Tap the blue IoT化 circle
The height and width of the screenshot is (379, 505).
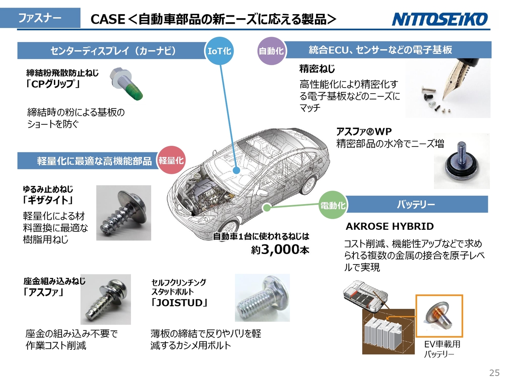tap(219, 51)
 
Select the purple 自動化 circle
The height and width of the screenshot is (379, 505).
tap(271, 51)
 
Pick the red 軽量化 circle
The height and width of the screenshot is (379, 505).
tap(171, 160)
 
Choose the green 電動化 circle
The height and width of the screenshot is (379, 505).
tap(333, 205)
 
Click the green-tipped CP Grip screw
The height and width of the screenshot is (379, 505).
tap(126, 84)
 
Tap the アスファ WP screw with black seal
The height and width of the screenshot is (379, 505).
tap(461, 163)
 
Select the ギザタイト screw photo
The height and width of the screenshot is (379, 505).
tap(123, 213)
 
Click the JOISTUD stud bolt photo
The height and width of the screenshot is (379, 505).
tap(262, 298)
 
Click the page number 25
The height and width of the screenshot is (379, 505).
tap(494, 373)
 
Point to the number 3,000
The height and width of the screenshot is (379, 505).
tap(280, 249)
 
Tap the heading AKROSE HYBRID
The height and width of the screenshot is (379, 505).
tap(389, 227)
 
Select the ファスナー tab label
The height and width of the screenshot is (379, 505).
tap(40, 18)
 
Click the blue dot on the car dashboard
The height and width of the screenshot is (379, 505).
tap(236, 171)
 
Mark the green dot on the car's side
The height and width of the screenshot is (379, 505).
tap(267, 208)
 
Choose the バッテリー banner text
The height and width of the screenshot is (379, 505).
tap(416, 204)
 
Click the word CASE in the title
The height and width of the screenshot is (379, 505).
tap(108, 19)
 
